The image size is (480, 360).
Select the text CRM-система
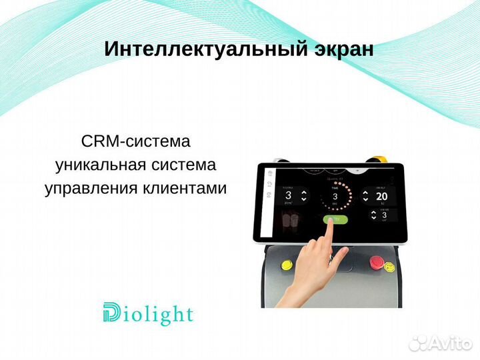pos(135,141)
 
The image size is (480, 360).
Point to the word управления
pos(91,188)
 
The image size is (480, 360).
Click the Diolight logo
pos(148,313)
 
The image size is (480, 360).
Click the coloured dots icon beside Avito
pos(418,342)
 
